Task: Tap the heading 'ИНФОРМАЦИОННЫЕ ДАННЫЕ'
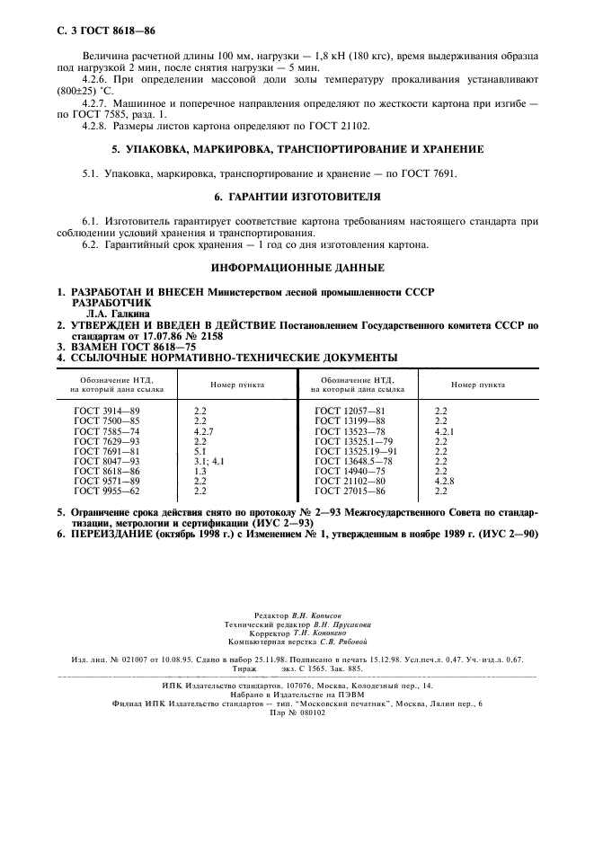(297, 268)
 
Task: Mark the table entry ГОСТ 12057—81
(349, 410)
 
